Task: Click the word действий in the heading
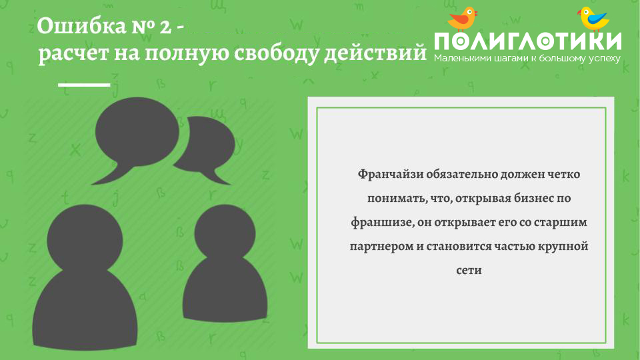point(375,53)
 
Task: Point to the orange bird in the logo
point(463,19)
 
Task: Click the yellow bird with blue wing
point(594,19)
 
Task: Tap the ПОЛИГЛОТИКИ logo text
point(528,41)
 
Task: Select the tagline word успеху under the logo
point(605,59)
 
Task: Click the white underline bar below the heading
point(84,85)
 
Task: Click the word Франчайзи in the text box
point(391,175)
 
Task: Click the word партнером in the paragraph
point(381,247)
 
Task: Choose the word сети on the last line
point(469,271)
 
